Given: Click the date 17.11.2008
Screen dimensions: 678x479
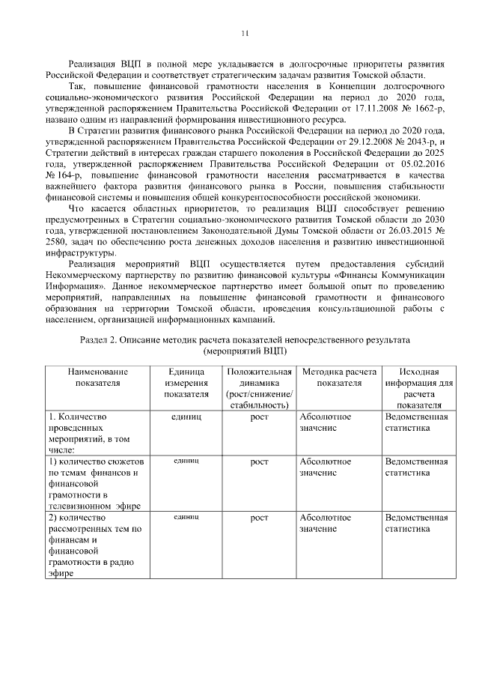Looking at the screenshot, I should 383,109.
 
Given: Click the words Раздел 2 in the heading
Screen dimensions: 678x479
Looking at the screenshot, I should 101,339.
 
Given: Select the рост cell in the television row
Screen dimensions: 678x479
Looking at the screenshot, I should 259,462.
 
